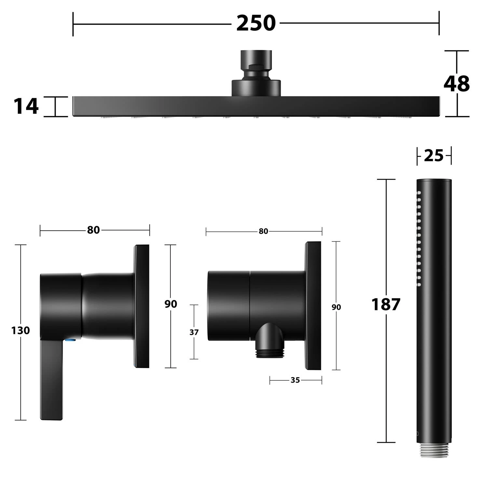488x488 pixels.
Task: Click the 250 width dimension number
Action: (256, 23)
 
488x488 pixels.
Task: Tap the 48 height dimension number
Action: (456, 84)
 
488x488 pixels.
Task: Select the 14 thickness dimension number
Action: (26, 106)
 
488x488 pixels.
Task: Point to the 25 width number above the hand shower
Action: (434, 156)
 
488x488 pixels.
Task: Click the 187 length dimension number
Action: (386, 305)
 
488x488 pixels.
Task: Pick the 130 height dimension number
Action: (20, 331)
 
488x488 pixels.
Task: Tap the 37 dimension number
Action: (194, 332)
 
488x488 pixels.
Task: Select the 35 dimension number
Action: (295, 380)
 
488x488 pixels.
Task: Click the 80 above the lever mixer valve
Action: (93, 230)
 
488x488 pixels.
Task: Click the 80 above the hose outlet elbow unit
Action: (263, 231)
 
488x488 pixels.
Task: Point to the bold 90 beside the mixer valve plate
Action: (170, 304)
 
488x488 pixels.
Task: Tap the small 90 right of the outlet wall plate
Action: (336, 307)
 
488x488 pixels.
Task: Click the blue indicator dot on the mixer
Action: (70, 340)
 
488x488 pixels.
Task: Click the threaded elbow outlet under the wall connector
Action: (270, 342)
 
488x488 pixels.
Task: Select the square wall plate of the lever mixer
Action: (142, 306)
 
